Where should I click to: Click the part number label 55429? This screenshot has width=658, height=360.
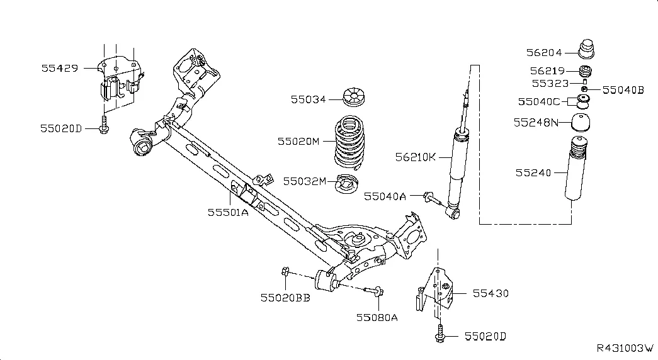point(60,68)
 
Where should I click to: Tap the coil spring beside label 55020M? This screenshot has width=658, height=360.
point(349,142)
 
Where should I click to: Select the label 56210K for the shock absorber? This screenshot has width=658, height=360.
point(416,157)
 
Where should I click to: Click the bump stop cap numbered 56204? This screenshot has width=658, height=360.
point(586,49)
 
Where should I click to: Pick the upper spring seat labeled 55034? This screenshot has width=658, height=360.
point(354,97)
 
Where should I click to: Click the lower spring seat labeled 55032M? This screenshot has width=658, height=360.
point(346,184)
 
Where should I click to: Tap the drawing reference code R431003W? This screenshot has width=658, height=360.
point(625,348)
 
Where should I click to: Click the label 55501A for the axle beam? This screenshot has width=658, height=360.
point(229,212)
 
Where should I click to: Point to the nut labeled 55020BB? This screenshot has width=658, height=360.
point(285,271)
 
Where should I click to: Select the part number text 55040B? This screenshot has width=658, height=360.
point(623,90)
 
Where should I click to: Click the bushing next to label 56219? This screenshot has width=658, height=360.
point(586,71)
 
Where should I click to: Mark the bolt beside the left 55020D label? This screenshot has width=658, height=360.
point(104,125)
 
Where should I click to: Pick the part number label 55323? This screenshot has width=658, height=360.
point(550,84)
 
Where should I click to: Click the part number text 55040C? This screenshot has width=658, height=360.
point(539,101)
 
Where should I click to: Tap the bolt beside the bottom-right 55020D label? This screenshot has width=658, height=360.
point(440,334)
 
